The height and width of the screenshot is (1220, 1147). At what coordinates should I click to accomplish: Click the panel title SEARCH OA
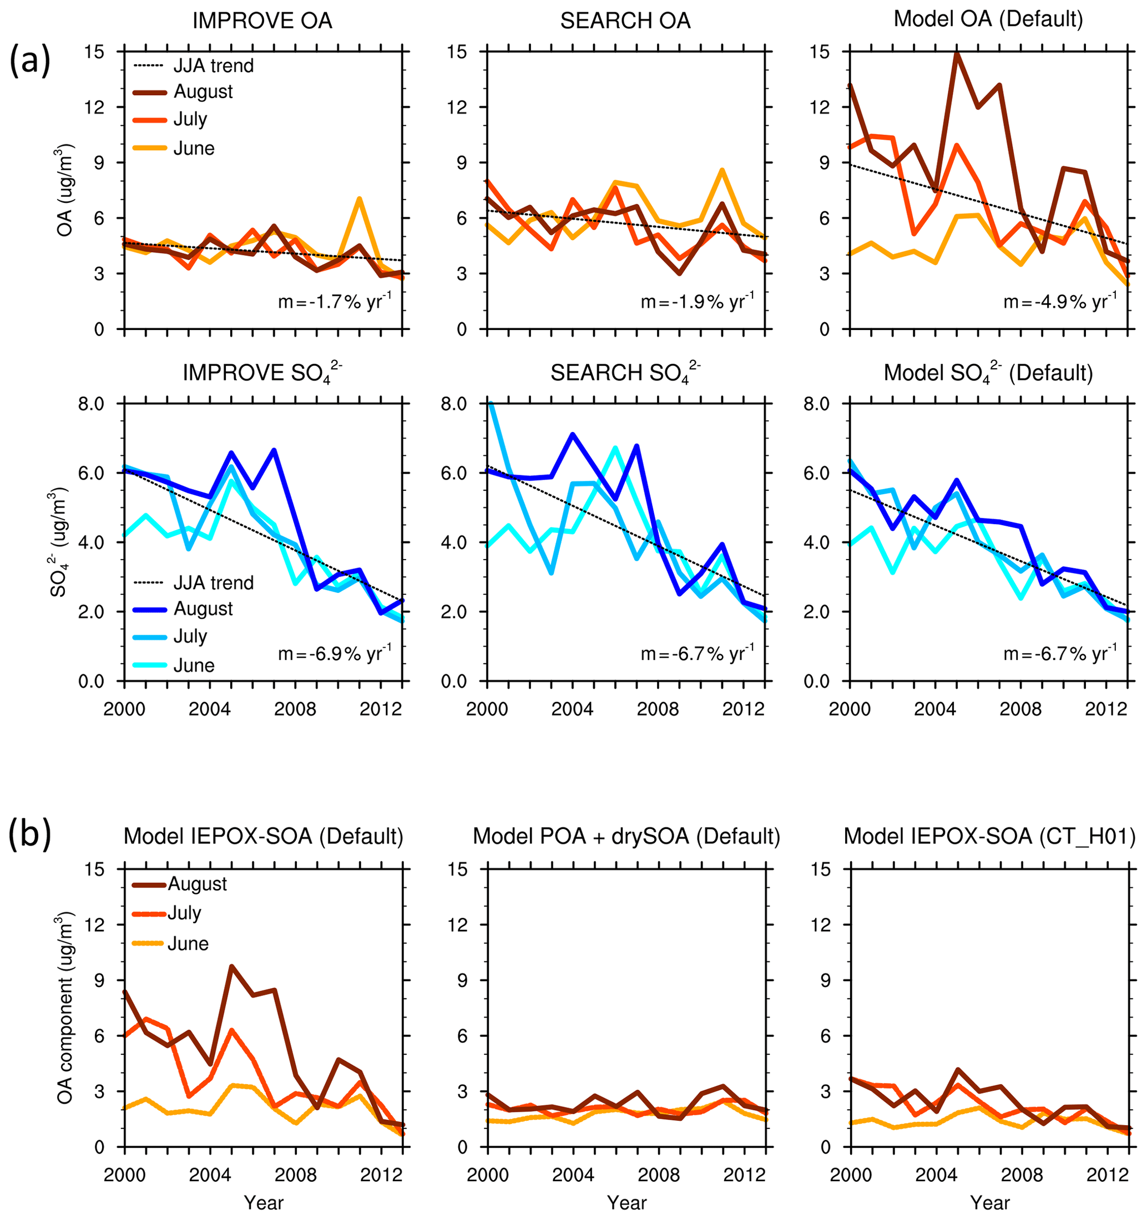click(625, 21)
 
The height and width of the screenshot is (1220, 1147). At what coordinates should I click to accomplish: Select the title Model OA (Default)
click(988, 19)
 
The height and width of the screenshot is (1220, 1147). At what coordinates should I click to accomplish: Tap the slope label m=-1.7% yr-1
click(335, 301)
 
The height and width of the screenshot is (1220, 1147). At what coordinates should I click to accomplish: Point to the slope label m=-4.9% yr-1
click(1060, 301)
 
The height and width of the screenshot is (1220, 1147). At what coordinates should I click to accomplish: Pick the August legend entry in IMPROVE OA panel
click(203, 92)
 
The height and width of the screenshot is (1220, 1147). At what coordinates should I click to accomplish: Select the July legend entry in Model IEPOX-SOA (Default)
click(184, 913)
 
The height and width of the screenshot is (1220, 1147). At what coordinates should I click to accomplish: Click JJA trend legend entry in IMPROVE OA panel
click(213, 65)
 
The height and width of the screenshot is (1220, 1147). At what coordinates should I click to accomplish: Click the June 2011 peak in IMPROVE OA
click(359, 199)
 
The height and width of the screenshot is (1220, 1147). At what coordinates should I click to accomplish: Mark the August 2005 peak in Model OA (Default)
click(957, 53)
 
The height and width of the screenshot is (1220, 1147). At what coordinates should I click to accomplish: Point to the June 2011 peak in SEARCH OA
click(722, 171)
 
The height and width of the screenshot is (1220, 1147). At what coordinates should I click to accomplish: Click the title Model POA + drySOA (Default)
click(626, 836)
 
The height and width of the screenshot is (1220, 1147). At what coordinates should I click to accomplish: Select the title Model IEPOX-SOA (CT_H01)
click(989, 836)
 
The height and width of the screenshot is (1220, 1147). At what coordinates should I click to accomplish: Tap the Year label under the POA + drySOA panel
click(626, 1203)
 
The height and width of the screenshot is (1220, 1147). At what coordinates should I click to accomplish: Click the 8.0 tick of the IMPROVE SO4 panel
click(92, 404)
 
